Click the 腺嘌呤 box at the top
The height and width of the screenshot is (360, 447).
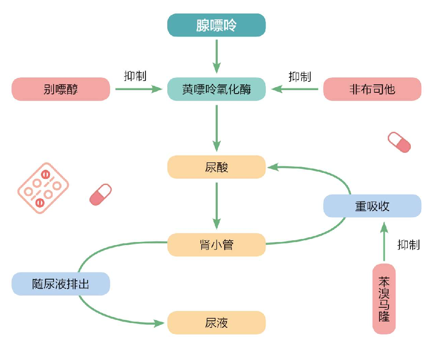coord(216,25)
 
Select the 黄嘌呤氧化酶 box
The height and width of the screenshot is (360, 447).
coord(216,89)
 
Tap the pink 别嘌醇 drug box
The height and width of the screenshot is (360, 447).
coord(61,89)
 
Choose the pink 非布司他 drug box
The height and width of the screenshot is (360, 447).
coord(372,89)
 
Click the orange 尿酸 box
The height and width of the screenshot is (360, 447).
coord(216,167)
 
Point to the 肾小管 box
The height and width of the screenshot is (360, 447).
coord(216,245)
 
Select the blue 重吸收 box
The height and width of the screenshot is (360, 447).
coord(372,206)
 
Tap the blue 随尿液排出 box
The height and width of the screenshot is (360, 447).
coord(61,284)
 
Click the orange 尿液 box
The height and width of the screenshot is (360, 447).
coord(216,323)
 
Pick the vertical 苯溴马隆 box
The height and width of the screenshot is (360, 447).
coord(384,299)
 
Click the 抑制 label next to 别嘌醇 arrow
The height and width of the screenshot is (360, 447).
coord(135,76)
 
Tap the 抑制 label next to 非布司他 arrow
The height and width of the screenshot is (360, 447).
coord(300,76)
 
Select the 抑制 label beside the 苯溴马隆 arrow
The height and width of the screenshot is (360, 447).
coord(409,245)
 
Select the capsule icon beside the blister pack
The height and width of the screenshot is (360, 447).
coord(100,194)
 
